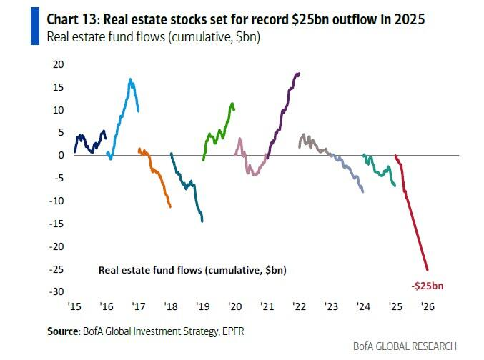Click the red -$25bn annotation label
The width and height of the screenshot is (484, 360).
pos(427,286)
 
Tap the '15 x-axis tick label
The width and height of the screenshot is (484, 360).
pos(74,306)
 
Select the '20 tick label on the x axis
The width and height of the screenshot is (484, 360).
pos(234,306)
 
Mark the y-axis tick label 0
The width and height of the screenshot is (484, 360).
pos(61,155)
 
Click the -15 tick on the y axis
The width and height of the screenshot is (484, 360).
pos(57,224)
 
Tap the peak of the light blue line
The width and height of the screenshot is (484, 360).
pos(130,79)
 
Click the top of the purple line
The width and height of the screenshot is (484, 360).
pos(298,73)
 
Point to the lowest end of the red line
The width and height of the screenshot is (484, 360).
pos(428,269)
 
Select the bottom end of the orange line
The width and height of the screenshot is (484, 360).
pos(170,207)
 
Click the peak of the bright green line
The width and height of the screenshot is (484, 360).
pos(232,103)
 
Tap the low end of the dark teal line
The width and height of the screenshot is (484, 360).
pos(202,221)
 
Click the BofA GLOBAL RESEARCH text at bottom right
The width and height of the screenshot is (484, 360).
pos(405,346)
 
